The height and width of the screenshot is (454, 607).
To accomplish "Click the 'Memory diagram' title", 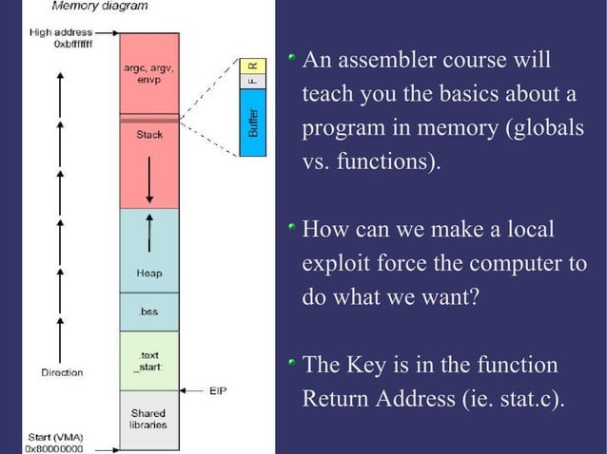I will coord(100,7).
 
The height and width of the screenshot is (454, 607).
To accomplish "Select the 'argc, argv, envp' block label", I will coord(149,75).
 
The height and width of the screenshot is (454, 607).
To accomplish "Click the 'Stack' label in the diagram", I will coord(149,135).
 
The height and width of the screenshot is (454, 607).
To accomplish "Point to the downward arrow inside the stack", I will coord(149,180).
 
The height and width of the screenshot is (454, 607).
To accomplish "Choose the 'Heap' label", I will coord(149,274).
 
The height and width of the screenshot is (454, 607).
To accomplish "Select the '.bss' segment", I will coord(149,312).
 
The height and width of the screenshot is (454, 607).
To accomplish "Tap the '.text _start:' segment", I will coord(149,361).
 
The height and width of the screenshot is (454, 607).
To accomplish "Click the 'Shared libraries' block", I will coord(149,419).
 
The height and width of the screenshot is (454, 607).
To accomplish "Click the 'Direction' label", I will coord(61,372).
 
